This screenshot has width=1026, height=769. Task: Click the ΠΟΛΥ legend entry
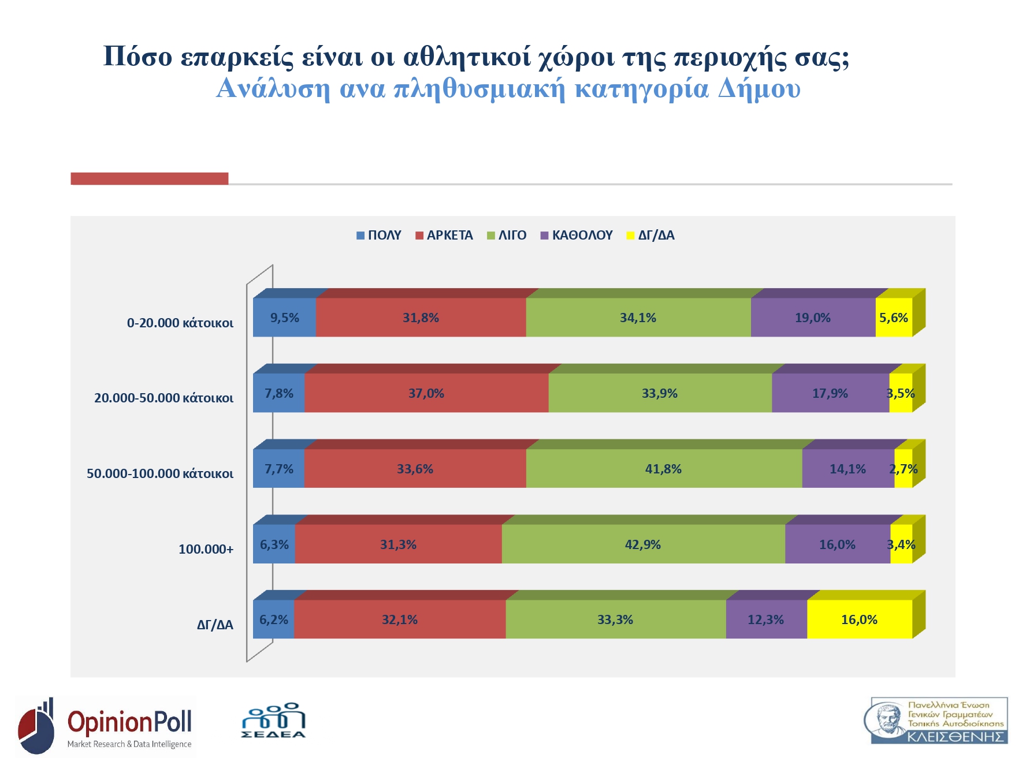[x=379, y=236]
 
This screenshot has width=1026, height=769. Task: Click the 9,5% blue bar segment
[x=284, y=318]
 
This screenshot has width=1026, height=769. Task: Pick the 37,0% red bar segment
[x=426, y=393]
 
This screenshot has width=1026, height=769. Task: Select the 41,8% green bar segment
[x=663, y=469]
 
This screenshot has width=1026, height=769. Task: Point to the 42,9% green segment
[x=643, y=544]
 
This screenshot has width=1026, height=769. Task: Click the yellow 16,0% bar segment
[x=859, y=619]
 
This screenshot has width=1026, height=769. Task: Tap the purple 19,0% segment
[x=812, y=318]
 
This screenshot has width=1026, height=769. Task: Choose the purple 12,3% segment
[x=765, y=619]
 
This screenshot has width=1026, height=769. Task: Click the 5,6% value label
[x=894, y=318]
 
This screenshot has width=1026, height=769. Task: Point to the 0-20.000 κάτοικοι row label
[x=180, y=323]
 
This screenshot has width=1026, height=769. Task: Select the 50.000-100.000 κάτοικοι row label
[x=160, y=473]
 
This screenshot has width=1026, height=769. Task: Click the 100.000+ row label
[x=206, y=549]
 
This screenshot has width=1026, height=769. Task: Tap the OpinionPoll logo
[x=105, y=726]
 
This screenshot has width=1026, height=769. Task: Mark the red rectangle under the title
[x=149, y=178]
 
